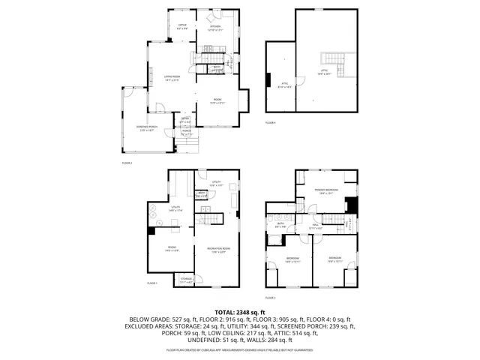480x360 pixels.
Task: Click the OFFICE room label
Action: coord(181,26)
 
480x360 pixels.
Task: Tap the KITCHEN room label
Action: coord(215,27)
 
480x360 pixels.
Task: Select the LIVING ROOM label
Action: coord(172,77)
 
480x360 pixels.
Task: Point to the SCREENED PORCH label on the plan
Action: coord(146,128)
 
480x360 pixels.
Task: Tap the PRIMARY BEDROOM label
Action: coord(326,191)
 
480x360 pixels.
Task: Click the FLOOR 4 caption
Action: coord(270,122)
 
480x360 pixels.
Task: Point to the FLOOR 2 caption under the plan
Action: coord(127,162)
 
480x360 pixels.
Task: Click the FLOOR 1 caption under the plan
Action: coord(151,283)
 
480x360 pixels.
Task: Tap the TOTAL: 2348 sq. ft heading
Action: coord(239,312)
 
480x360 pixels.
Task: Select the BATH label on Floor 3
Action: coord(280,223)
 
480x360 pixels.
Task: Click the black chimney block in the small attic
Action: coord(268,79)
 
